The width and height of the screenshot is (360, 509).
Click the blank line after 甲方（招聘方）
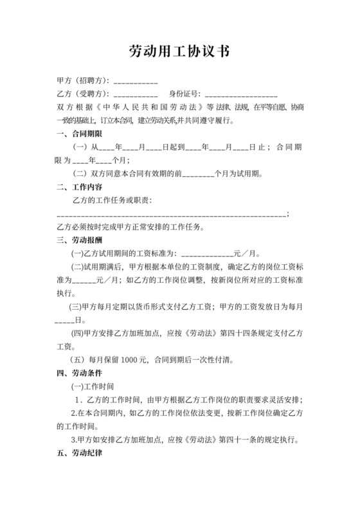pyautogui.click(x=136, y=83)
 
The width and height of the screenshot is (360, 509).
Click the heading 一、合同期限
pyautogui.click(x=79, y=134)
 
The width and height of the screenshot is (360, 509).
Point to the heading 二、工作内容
pyautogui.click(x=79, y=187)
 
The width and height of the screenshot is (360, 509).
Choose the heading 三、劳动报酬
pyautogui.click(x=79, y=240)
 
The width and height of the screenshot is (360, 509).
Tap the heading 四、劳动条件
pyautogui.click(x=79, y=372)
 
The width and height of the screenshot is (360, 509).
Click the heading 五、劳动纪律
pyautogui.click(x=79, y=452)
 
